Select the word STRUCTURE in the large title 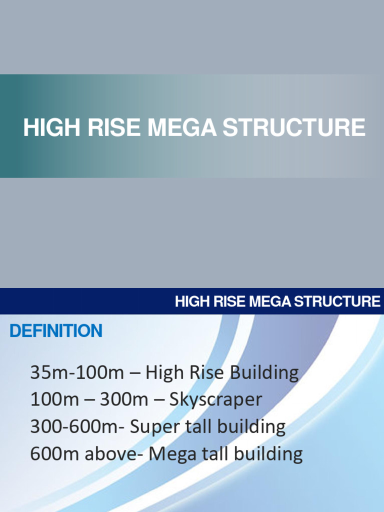pos(293,127)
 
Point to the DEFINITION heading pos(56,331)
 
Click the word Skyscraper pos(215,399)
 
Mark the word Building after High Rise pos(267,372)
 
